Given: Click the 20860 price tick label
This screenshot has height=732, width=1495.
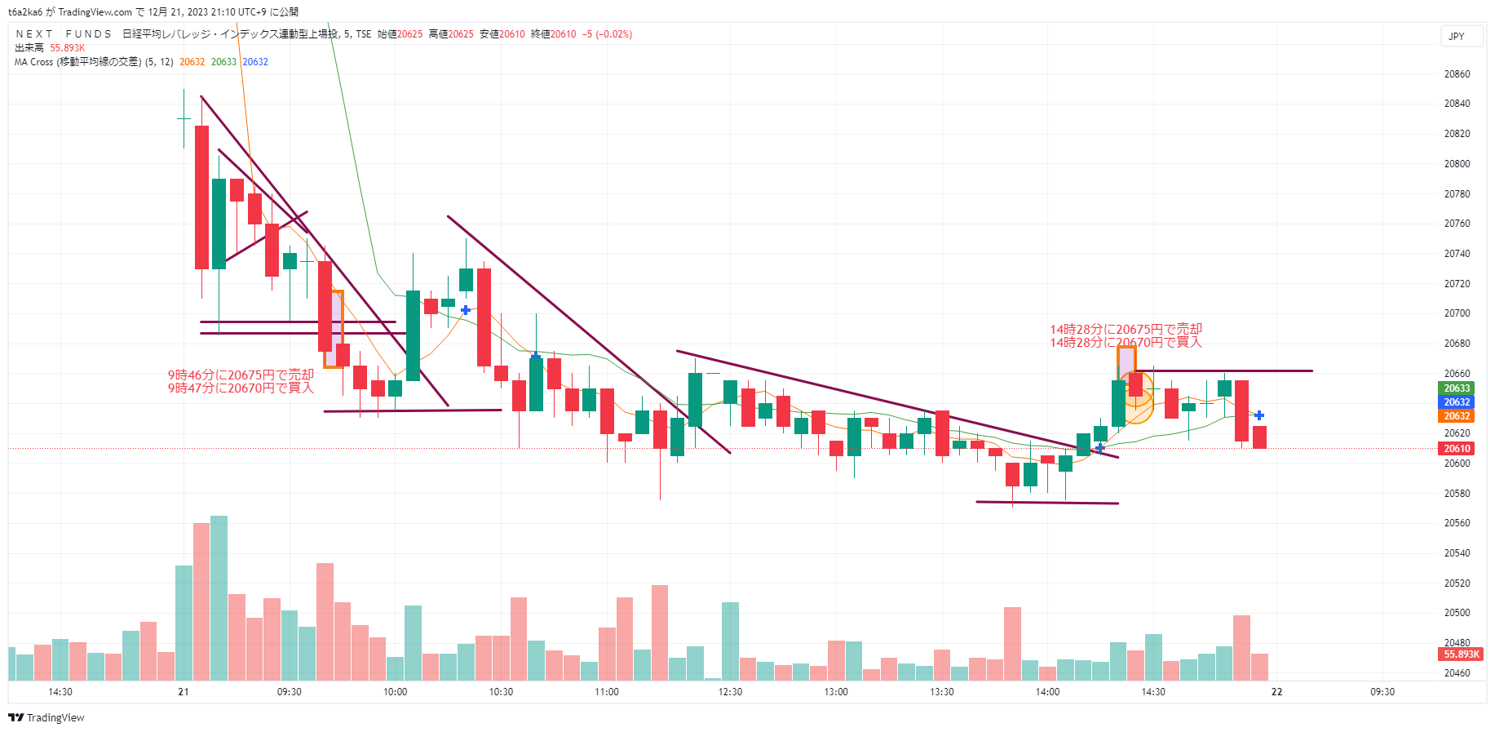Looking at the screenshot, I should (1457, 74).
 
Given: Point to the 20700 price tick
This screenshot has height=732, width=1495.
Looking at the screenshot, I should (1457, 313).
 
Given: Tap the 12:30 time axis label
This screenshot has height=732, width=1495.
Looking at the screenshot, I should (730, 692).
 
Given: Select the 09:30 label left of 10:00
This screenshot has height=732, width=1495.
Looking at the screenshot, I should (289, 692).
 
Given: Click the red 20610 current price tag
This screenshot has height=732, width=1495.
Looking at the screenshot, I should (1457, 449).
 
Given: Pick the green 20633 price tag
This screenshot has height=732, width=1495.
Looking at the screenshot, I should (1457, 388).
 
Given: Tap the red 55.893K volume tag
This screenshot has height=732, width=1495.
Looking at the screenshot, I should (1461, 654).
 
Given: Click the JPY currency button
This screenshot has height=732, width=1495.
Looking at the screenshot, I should (1456, 37).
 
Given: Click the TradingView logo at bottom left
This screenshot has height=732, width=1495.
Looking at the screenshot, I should (46, 718).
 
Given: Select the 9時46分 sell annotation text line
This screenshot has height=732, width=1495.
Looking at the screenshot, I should (241, 375).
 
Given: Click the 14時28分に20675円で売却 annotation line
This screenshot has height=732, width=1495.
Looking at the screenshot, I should (1126, 330).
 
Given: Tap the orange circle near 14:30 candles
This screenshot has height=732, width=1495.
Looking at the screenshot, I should (1137, 397).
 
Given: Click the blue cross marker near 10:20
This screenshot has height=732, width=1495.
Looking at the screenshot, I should (465, 310).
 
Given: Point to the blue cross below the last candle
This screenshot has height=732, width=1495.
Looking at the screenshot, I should (1259, 415).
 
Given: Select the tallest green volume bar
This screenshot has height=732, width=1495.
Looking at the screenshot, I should (219, 598).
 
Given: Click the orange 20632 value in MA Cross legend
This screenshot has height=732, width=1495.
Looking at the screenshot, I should (192, 62).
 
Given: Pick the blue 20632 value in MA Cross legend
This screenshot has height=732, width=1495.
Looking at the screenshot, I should (255, 62).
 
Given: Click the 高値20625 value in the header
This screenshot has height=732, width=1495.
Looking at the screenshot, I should (451, 34).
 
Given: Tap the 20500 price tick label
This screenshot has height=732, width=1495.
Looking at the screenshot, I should (1457, 613).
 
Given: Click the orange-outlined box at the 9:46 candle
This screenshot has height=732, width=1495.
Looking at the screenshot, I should (334, 329).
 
